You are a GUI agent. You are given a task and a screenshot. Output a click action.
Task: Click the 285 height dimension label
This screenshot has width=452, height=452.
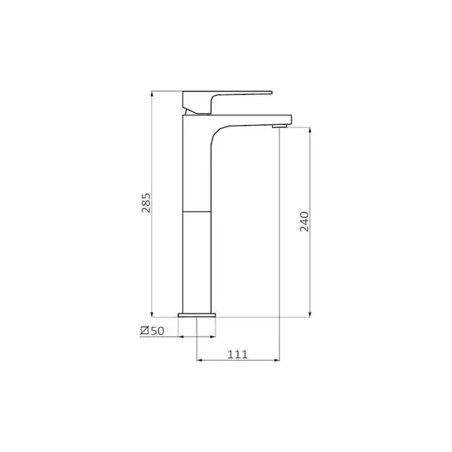146,203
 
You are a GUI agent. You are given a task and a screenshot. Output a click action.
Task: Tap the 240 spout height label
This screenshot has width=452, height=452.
304,221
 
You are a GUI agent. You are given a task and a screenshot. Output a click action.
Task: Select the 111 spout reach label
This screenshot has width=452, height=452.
237,355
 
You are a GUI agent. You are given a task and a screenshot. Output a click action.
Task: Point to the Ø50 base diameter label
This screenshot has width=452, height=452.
152,331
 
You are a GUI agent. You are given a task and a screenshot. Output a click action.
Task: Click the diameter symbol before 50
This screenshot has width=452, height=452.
145,331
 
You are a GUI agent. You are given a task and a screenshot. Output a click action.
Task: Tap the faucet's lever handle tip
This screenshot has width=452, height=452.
271,93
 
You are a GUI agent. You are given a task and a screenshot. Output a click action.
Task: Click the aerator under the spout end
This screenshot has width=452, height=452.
279,125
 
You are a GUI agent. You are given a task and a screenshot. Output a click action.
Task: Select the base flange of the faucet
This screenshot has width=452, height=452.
197,315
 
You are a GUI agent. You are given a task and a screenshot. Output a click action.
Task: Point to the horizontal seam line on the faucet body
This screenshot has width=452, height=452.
197,212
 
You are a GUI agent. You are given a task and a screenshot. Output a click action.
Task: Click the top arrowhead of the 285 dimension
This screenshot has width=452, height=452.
152,93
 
